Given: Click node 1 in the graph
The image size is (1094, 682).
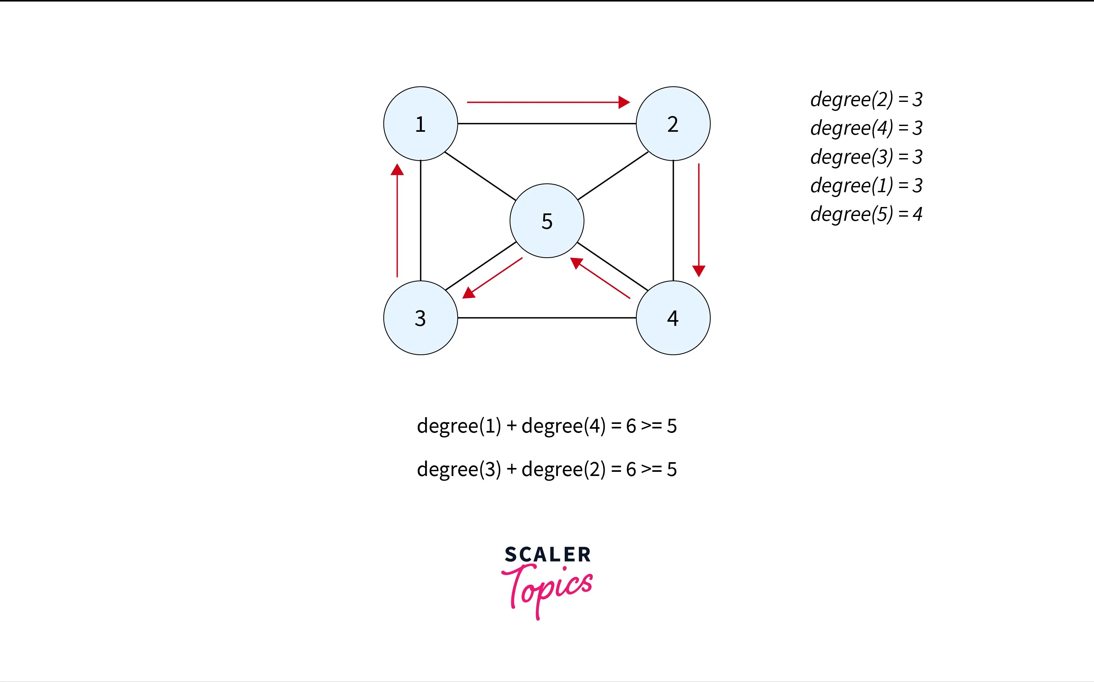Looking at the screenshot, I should point(420,124).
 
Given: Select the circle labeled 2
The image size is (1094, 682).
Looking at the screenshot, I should point(673,124).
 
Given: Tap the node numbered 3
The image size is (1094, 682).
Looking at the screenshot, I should point(420,318).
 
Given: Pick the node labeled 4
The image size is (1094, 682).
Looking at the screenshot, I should point(673,318).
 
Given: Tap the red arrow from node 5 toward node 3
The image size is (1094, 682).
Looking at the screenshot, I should point(493,278).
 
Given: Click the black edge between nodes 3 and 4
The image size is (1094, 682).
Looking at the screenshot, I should point(547,318).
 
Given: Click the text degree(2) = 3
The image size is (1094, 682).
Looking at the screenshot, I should point(866,99).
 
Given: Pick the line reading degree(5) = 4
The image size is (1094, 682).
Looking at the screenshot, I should point(866,214).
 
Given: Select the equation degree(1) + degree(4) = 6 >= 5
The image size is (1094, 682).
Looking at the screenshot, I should point(547,426).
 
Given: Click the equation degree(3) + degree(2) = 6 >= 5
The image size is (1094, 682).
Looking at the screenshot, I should point(547,469).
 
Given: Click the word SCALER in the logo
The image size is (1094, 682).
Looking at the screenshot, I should point(547,554).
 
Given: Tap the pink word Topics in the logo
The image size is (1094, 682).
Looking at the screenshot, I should point(547,588).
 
